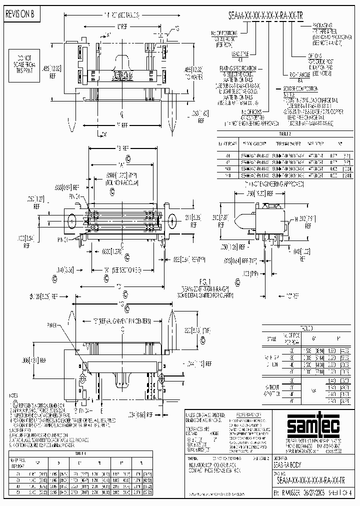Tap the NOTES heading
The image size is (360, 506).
pos(14,396)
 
